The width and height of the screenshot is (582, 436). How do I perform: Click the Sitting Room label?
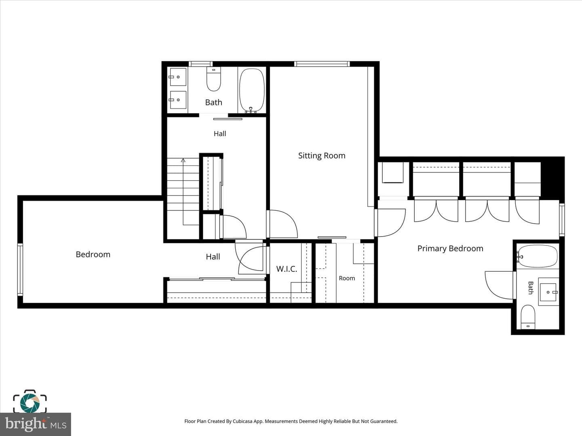322,156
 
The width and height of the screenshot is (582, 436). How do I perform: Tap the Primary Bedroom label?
450,249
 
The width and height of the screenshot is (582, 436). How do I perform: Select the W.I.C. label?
287,269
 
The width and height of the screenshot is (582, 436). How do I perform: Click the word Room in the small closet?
347,278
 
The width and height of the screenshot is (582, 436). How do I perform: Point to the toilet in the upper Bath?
214,79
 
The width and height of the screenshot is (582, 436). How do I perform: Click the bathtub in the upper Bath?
252,90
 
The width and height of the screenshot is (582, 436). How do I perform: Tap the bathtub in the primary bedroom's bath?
538,256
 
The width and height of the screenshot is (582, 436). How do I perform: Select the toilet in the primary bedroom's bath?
528,317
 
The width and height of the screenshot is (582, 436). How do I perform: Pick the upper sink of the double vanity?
178,77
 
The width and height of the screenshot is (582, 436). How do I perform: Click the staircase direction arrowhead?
183,160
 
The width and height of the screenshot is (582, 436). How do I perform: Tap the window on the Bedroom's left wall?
20,270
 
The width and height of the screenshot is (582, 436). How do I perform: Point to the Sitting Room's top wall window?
322,64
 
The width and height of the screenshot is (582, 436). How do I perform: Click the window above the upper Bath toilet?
201,64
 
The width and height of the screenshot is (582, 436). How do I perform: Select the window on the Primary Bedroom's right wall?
562,220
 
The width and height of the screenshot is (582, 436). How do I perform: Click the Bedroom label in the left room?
93,254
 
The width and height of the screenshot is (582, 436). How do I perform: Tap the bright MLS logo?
36,424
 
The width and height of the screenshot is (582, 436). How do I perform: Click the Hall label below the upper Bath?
220,134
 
